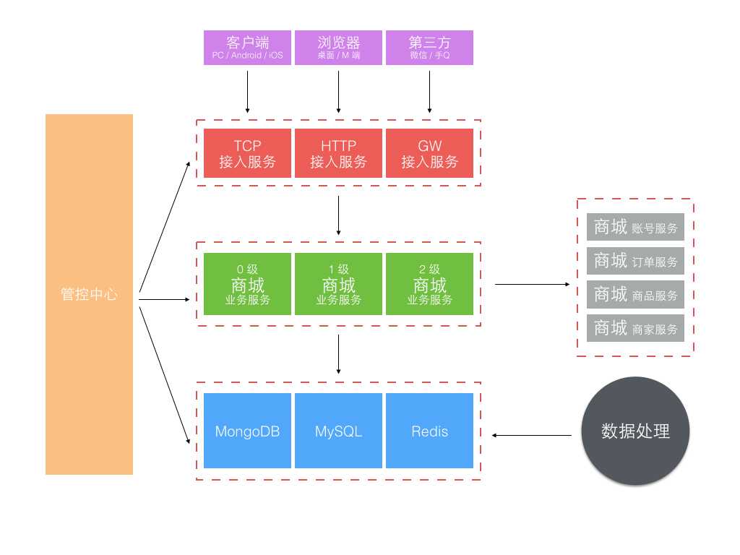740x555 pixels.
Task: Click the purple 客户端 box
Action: coord(247,48)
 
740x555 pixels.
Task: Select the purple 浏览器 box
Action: coord(338,48)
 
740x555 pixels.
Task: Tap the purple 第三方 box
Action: coord(429,48)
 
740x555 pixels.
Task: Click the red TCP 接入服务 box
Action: coord(247,153)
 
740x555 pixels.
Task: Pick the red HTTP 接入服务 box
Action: coord(338,153)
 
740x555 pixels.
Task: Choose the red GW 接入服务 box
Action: coord(429,153)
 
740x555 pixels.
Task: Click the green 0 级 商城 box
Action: coord(247,284)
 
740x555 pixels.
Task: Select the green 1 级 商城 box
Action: coord(338,284)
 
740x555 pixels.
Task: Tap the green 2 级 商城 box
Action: coord(429,284)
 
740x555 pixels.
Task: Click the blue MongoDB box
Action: coord(247,431)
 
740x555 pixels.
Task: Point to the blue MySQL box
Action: coord(338,431)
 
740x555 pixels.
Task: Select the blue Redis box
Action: coord(429,431)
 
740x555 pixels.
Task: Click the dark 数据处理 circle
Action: coord(635,431)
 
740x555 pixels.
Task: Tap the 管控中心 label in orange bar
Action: coord(89,295)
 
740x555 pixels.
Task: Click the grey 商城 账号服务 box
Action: coord(635,227)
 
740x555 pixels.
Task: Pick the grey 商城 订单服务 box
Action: coord(635,261)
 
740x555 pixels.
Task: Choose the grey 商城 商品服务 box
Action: coord(635,294)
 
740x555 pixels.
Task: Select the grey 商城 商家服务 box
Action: coord(635,328)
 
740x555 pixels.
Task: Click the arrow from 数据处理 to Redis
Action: coord(536,435)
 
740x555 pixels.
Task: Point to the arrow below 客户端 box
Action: coord(247,90)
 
